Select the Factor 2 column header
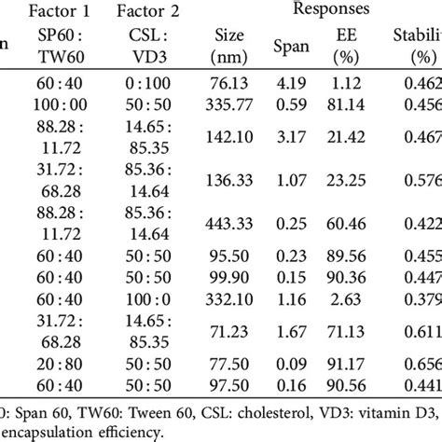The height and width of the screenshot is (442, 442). coord(149,13)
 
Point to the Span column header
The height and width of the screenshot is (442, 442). coord(287,44)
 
